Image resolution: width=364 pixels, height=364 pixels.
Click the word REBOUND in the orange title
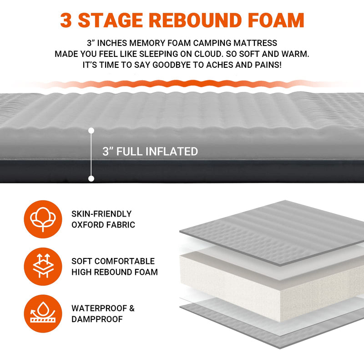pos(197,20)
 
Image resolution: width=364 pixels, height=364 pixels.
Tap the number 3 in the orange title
pos(66,20)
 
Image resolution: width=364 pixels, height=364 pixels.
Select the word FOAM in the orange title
pos(276,20)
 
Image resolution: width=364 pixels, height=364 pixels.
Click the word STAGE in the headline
pos(111,20)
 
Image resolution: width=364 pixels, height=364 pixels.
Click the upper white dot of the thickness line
pos(91,131)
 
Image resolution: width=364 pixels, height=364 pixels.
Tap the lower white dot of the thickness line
pos(91,178)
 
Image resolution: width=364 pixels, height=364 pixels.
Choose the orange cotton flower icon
pos(43,219)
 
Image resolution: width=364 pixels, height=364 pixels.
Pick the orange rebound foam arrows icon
pos(43,267)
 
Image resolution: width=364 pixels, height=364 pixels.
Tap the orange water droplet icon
pos(43,313)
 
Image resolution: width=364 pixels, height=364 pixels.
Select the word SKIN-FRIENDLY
pos(101,214)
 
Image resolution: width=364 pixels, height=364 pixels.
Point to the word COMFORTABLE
pos(124,261)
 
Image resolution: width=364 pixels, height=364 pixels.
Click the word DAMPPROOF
pos(97,319)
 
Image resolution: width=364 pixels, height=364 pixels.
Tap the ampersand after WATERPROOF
pos(132,308)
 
